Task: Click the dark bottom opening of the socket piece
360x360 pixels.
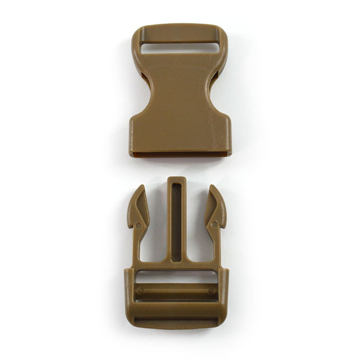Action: pyautogui.click(x=179, y=154)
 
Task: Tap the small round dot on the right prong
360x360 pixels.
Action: pyautogui.click(x=214, y=225)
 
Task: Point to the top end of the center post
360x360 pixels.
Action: pyautogui.click(x=177, y=179)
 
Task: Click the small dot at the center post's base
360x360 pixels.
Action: pyautogui.click(x=177, y=256)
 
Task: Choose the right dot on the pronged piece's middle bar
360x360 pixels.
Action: pyautogui.click(x=211, y=291)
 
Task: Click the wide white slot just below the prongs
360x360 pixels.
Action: pyautogui.click(x=176, y=276)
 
